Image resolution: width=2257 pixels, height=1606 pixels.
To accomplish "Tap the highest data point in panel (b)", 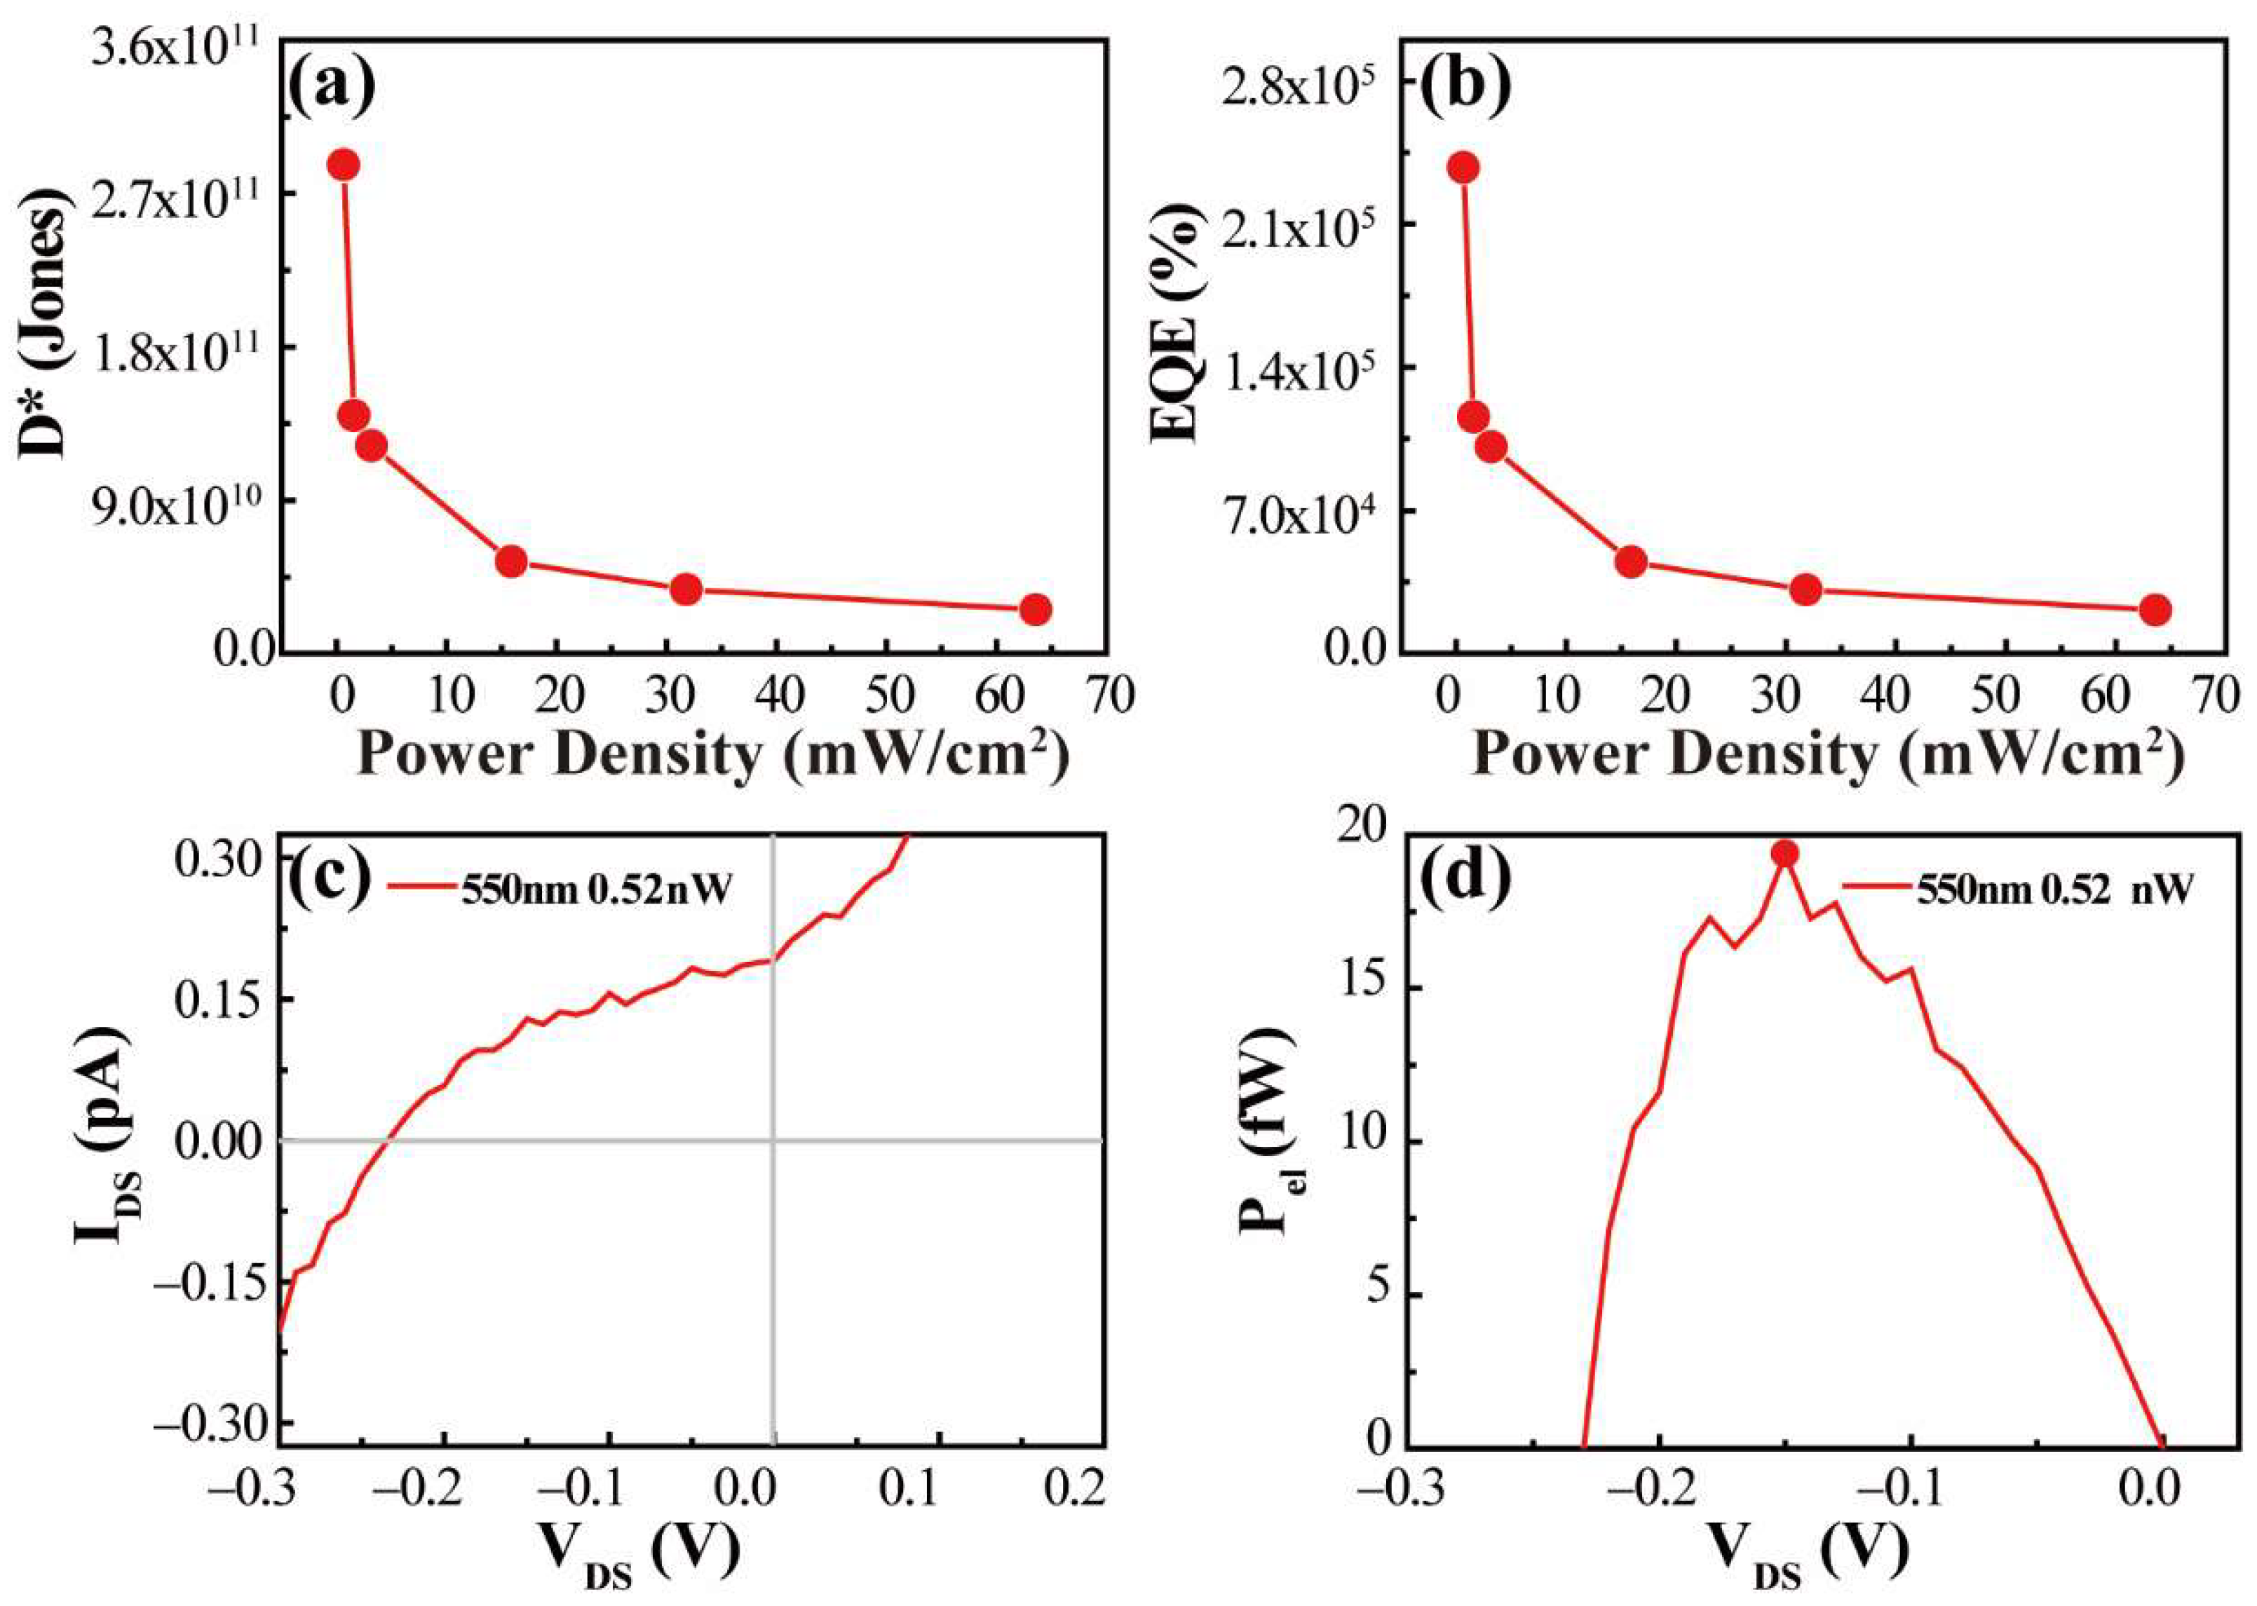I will click(1463, 167).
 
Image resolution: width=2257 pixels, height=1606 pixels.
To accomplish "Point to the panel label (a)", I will click(332, 87).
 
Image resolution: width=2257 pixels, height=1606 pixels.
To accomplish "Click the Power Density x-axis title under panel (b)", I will click(1826, 756).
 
